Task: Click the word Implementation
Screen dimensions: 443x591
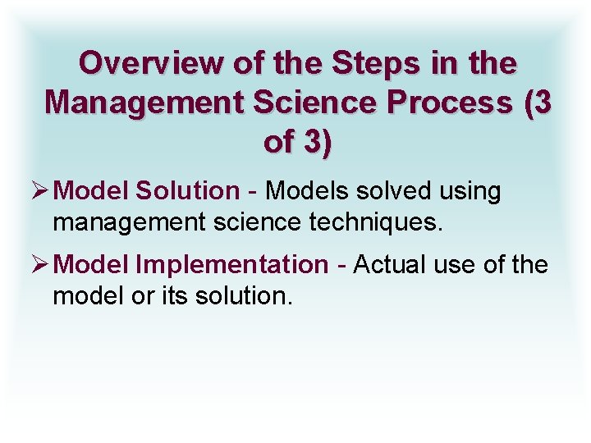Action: pyautogui.click(x=231, y=266)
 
